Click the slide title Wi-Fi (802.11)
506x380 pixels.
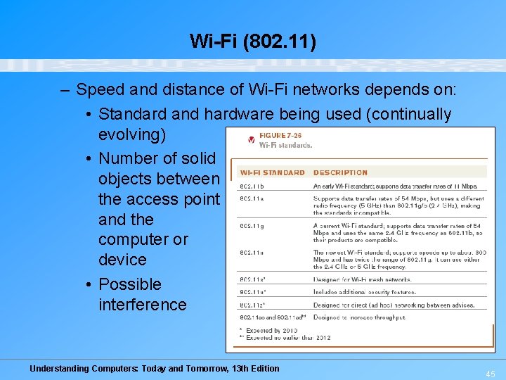(x=253, y=42)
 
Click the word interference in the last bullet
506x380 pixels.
(x=143, y=305)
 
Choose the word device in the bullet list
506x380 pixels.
(x=122, y=260)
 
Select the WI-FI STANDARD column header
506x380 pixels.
(x=272, y=172)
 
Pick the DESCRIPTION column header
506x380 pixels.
(x=340, y=172)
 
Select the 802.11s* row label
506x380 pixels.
(x=253, y=279)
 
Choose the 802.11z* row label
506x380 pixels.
(x=253, y=305)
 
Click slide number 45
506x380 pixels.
(x=490, y=374)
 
